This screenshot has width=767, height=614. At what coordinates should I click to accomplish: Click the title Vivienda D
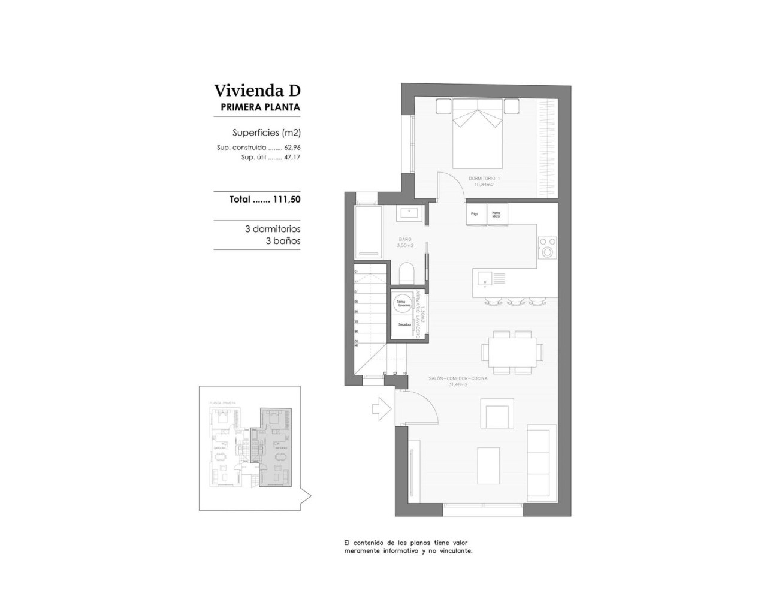pos(257,90)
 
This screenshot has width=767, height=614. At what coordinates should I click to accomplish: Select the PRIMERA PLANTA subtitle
pos(260,107)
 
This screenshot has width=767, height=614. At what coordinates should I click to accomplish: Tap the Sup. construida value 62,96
pos(292,147)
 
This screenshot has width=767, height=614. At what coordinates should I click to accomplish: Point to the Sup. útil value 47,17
pos(292,157)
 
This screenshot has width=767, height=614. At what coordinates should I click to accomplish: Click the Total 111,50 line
pos(265,200)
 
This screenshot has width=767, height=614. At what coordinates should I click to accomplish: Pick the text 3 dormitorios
pos(273,229)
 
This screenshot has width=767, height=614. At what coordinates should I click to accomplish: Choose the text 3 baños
pos(282,241)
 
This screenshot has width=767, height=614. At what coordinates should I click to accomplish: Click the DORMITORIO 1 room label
pos(484,178)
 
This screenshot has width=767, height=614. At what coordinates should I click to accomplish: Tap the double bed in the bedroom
pos(477,135)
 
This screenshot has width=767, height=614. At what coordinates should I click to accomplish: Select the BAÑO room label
pos(405,239)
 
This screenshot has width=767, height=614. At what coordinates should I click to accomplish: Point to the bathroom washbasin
pos(411,213)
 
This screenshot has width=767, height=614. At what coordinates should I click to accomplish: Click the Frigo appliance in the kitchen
pos(475,214)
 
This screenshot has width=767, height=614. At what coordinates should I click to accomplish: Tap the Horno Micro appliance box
pos(497,214)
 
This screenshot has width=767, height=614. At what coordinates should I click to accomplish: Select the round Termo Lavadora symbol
pos(403,303)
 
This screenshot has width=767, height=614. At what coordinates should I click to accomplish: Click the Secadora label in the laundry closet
pos(404,324)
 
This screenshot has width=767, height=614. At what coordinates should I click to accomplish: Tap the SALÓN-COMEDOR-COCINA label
pos(458,379)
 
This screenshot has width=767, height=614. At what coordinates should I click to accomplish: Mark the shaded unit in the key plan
pos(275,447)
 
